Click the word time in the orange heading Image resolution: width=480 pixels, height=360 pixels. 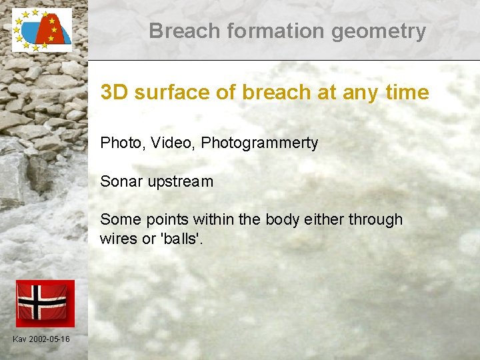(x=405, y=93)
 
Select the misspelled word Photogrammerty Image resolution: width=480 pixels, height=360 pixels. (x=259, y=143)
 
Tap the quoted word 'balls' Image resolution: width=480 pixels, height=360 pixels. (x=181, y=239)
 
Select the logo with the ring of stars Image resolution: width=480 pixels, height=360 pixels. (x=41, y=30)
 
